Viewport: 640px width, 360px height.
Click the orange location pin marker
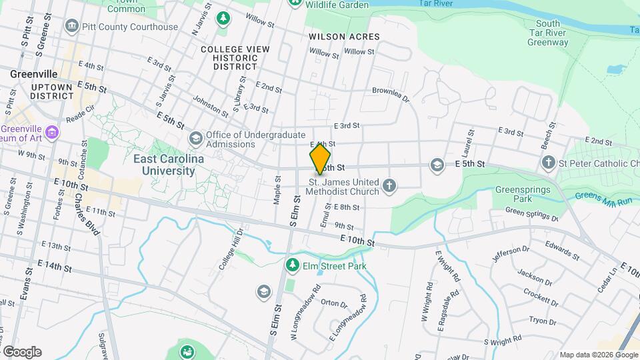(x=320, y=159)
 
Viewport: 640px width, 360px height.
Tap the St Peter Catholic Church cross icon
(x=548, y=162)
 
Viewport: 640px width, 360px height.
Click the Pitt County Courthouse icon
(x=71, y=27)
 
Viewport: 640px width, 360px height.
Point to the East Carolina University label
(x=164, y=165)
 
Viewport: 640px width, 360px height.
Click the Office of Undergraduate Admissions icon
(x=195, y=139)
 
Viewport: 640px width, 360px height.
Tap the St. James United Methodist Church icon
(x=390, y=186)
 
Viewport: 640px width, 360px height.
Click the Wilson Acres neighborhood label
(x=345, y=37)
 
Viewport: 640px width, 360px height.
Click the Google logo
(x=22, y=351)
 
